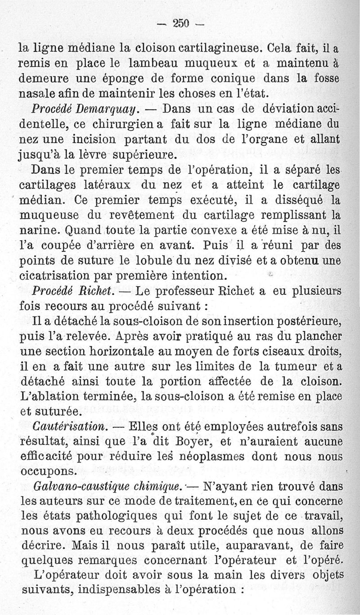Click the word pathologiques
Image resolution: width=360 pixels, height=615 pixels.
(x=110, y=516)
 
